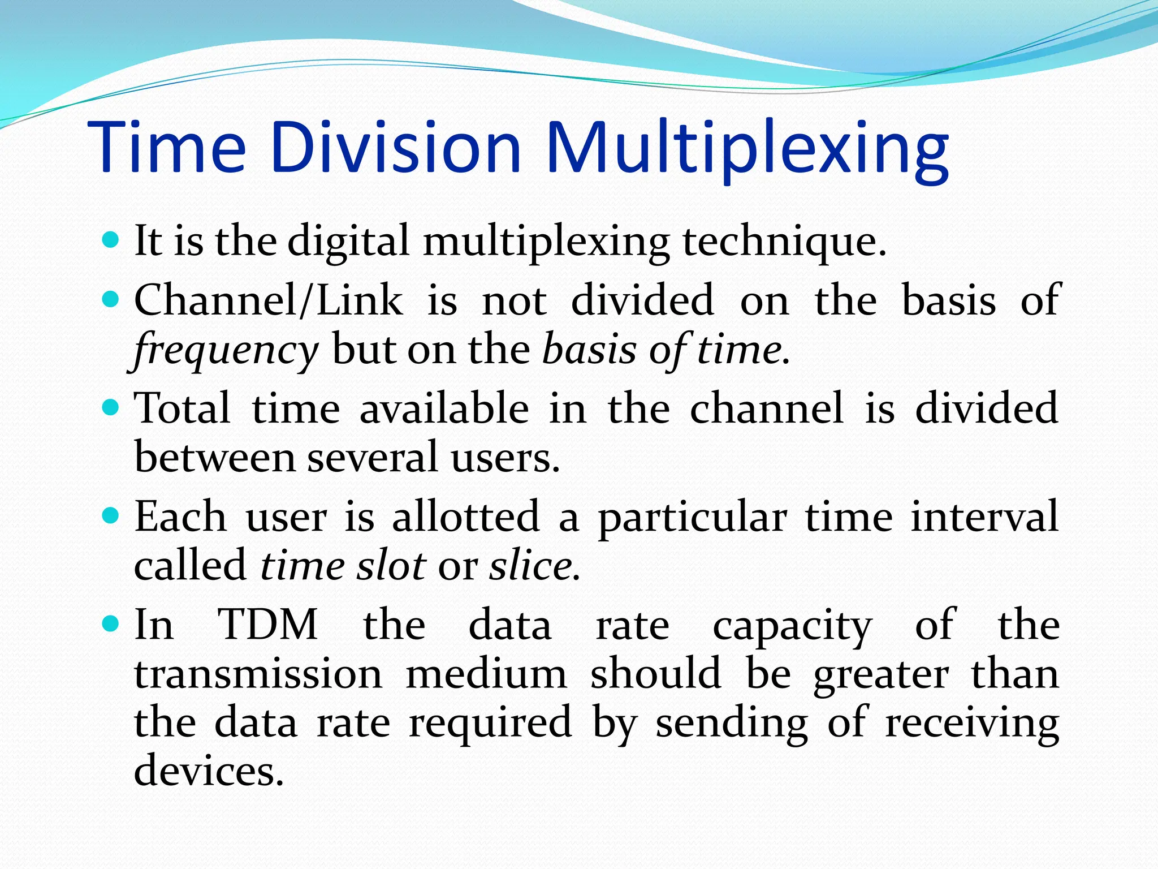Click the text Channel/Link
tap(269, 300)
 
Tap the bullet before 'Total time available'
tap(111, 407)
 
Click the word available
tap(444, 408)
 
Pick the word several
tap(372, 457)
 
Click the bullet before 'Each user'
tap(111, 515)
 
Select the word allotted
tap(466, 517)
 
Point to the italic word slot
tap(391, 566)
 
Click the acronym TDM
tap(268, 625)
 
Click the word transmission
tap(258, 674)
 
